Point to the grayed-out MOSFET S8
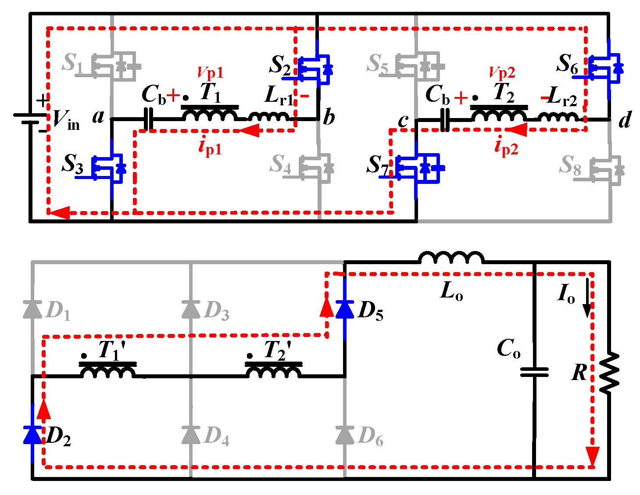pos(608,169)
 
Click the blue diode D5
pos(345,309)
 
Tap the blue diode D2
pos(32,434)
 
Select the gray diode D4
pos(191,434)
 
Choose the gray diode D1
pos(32,309)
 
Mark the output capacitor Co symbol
pos(534,372)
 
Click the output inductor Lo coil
pos(452,258)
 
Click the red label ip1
pos(210,147)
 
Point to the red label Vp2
pos(502,72)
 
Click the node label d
pos(625,119)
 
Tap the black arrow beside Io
pos(586,305)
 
